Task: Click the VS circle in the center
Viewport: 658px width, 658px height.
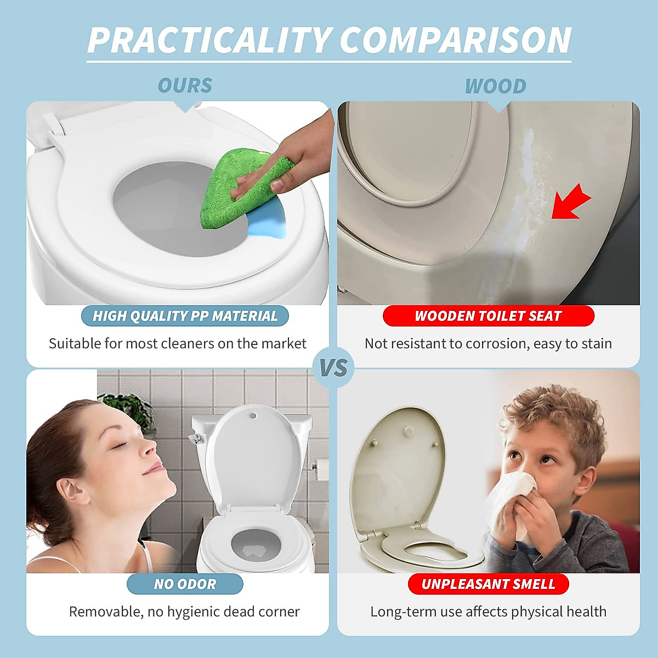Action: (x=333, y=367)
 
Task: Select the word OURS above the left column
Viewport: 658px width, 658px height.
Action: (x=185, y=86)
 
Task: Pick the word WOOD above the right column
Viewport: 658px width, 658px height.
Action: (x=495, y=86)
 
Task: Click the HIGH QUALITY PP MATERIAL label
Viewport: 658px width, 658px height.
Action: (x=185, y=316)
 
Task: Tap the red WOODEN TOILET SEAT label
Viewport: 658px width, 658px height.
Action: (x=488, y=316)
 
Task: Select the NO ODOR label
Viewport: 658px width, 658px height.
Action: (x=185, y=584)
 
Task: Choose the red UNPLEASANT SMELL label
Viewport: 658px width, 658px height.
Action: (x=488, y=584)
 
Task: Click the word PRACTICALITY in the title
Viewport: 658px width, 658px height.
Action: (x=209, y=40)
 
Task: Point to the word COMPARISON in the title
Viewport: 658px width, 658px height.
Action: (x=455, y=40)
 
